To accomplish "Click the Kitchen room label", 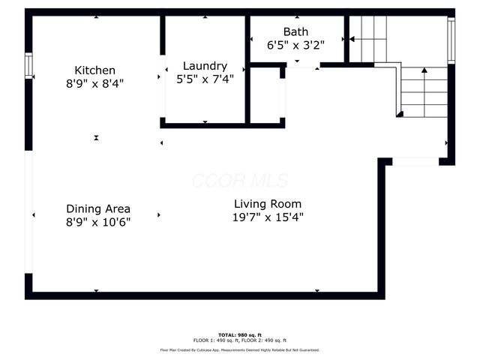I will [94, 70].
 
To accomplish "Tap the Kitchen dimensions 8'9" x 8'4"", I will [94, 84].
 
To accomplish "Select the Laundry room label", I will [205, 66].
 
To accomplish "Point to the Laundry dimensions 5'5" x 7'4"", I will [205, 79].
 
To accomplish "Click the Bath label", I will [295, 31].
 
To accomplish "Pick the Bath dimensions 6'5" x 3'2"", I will [295, 44].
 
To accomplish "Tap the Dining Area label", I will [98, 208].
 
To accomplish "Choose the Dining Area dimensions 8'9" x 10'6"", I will [98, 222].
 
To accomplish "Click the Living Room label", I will [268, 204].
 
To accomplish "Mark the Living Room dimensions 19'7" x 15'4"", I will [268, 217].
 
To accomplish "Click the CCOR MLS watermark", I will [239, 181].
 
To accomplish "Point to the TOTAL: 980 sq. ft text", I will [241, 334].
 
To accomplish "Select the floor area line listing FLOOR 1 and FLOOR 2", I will [241, 340].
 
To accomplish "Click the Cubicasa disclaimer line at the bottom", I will [240, 349].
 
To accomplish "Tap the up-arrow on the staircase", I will [424, 70].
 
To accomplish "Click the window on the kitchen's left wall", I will [28, 66].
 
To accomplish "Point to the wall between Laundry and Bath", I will [247, 67].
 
